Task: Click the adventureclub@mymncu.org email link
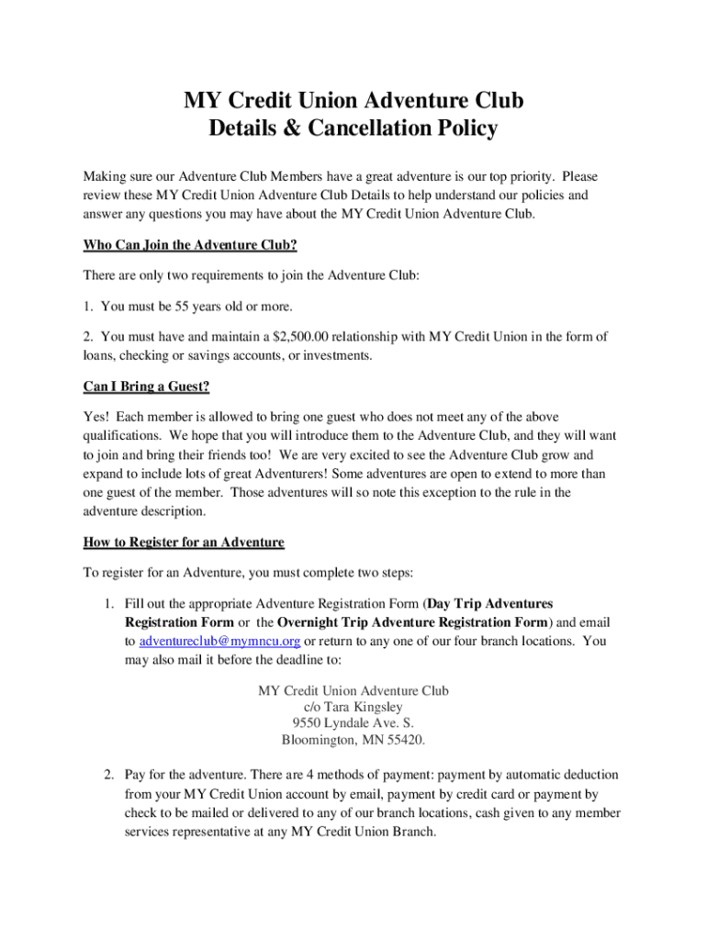click(219, 642)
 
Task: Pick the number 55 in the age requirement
click(187, 306)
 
